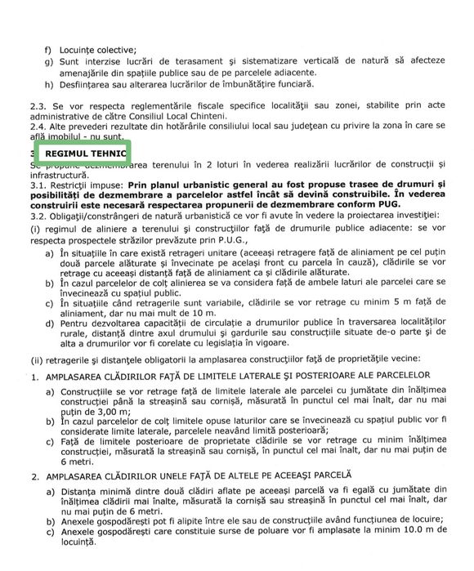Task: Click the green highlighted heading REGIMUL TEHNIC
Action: (x=85, y=153)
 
